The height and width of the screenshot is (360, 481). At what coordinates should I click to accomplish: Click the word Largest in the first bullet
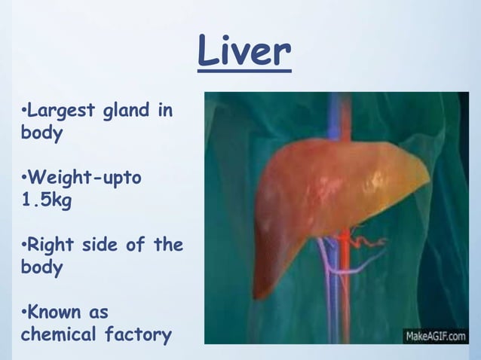pos(63,111)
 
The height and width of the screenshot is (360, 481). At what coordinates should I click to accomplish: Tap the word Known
pos(58,312)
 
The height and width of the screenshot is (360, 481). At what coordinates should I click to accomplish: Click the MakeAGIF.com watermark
pos(435,336)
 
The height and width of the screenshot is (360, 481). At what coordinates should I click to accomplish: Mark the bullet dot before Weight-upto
pos(24,179)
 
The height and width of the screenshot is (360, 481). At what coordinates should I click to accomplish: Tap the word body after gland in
pos(41,134)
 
